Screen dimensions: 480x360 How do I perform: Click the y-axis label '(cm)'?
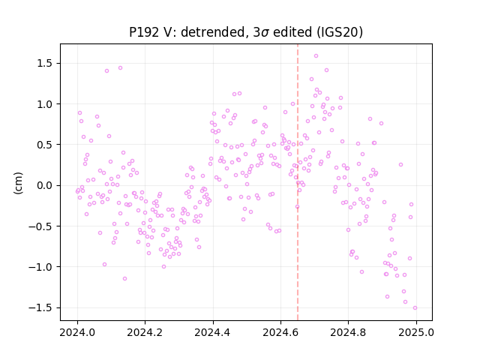coord(18,183)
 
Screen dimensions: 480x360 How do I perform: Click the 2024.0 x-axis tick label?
coord(77,332)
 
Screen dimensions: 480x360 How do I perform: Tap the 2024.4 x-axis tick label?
coord(213,332)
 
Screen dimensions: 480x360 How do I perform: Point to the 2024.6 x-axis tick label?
coord(280,332)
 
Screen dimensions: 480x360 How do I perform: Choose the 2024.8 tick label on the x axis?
coord(348,332)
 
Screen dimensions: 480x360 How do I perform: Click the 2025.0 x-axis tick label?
coord(416,332)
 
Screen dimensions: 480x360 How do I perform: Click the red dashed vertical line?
coord(298,182)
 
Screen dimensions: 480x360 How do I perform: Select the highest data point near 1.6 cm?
coord(316,56)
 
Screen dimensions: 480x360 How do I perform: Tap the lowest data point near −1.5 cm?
coord(415,308)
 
